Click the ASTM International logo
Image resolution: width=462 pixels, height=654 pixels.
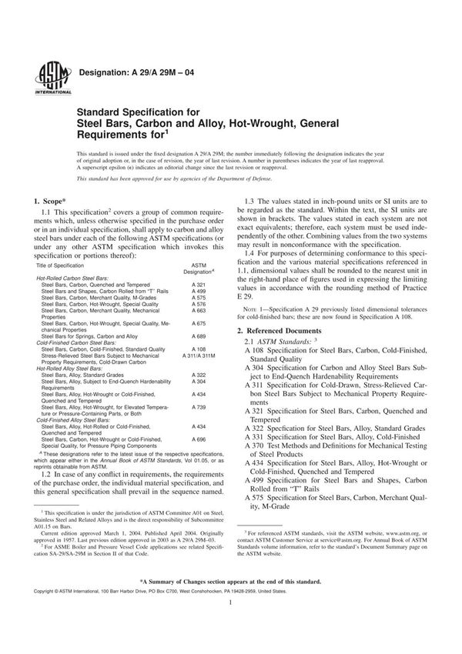48,77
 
